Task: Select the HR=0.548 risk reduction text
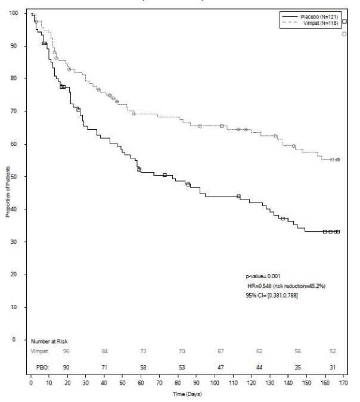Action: tap(286, 286)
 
